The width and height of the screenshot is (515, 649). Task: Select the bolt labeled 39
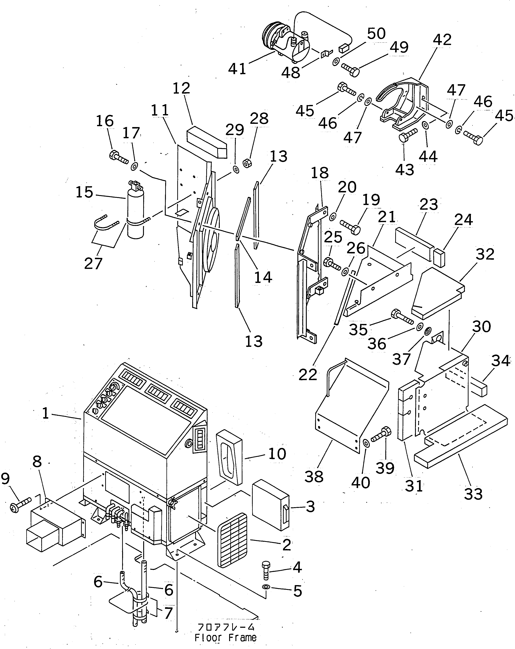coord(381,436)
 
